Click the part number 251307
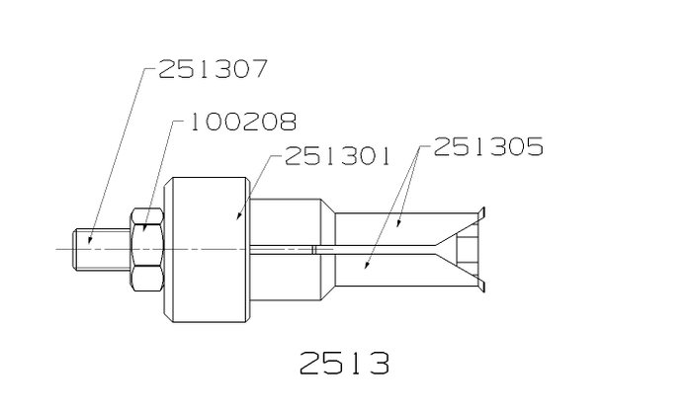click(213, 69)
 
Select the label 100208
click(243, 122)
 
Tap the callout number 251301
click(338, 156)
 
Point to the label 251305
click(488, 146)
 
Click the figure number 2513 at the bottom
click(345, 363)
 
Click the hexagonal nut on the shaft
click(147, 249)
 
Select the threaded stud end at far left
click(102, 249)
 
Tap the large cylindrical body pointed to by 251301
click(207, 250)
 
